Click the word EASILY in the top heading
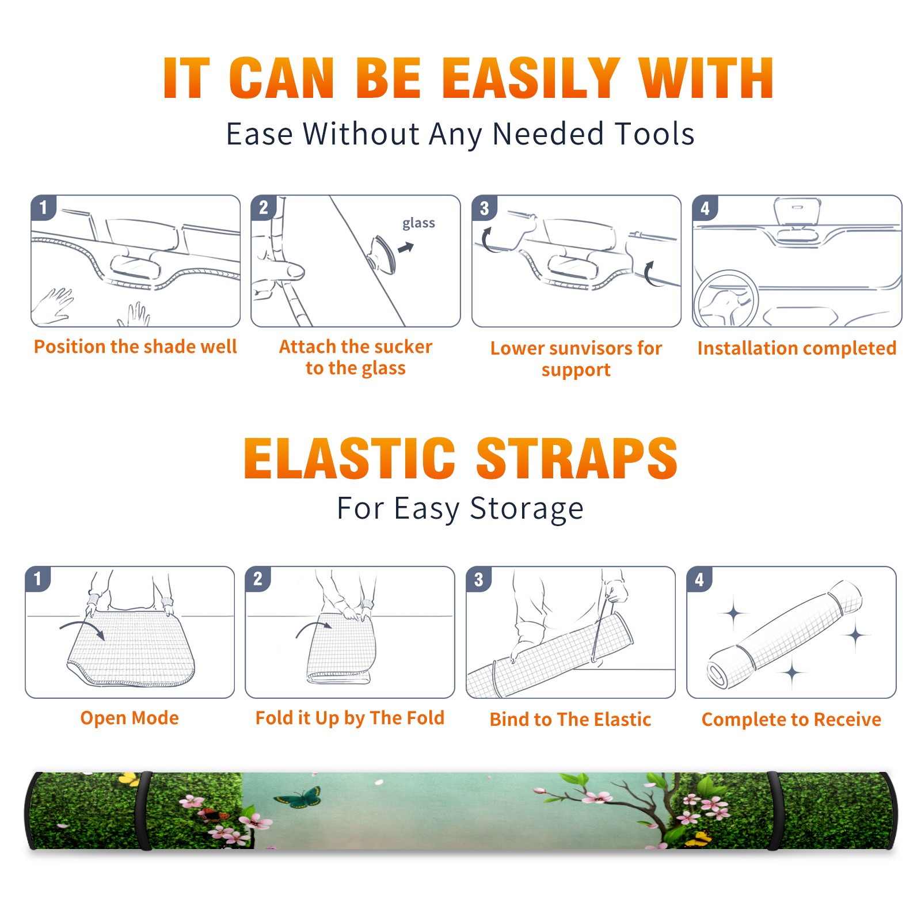(x=531, y=78)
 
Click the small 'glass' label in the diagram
(x=418, y=223)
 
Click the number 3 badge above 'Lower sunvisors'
(x=484, y=207)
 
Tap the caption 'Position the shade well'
(x=135, y=347)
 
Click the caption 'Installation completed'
(x=797, y=348)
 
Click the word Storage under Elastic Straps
(x=527, y=509)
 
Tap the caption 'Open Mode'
(x=130, y=718)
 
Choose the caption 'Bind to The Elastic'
(x=570, y=720)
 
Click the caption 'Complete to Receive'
(x=791, y=720)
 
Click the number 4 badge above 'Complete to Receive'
(x=699, y=579)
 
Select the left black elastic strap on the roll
(x=143, y=810)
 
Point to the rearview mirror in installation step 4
(x=797, y=213)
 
